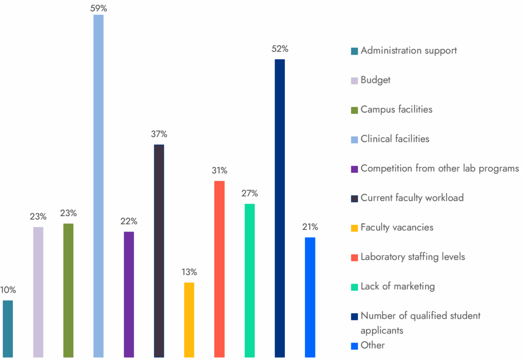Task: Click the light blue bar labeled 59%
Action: (x=98, y=186)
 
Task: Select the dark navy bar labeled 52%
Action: (x=280, y=208)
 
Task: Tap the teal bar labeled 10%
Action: (x=8, y=329)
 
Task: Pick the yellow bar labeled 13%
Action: (x=189, y=320)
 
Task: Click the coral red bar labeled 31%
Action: (x=219, y=269)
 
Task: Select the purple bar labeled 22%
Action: (x=129, y=295)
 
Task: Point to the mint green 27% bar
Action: (x=250, y=280)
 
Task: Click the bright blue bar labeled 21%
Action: (x=310, y=297)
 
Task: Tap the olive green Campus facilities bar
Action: (x=68, y=291)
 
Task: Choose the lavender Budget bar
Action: (x=38, y=292)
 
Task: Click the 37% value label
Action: (x=159, y=134)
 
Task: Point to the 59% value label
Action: (x=99, y=8)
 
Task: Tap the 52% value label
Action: (x=280, y=49)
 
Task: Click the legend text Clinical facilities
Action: (x=395, y=139)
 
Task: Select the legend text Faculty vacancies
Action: (x=397, y=227)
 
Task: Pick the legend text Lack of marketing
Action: (x=398, y=286)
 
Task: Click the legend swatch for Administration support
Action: (x=354, y=51)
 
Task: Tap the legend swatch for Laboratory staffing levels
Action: (x=354, y=257)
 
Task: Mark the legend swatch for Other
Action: (x=354, y=346)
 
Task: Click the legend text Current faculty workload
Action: (x=412, y=197)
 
